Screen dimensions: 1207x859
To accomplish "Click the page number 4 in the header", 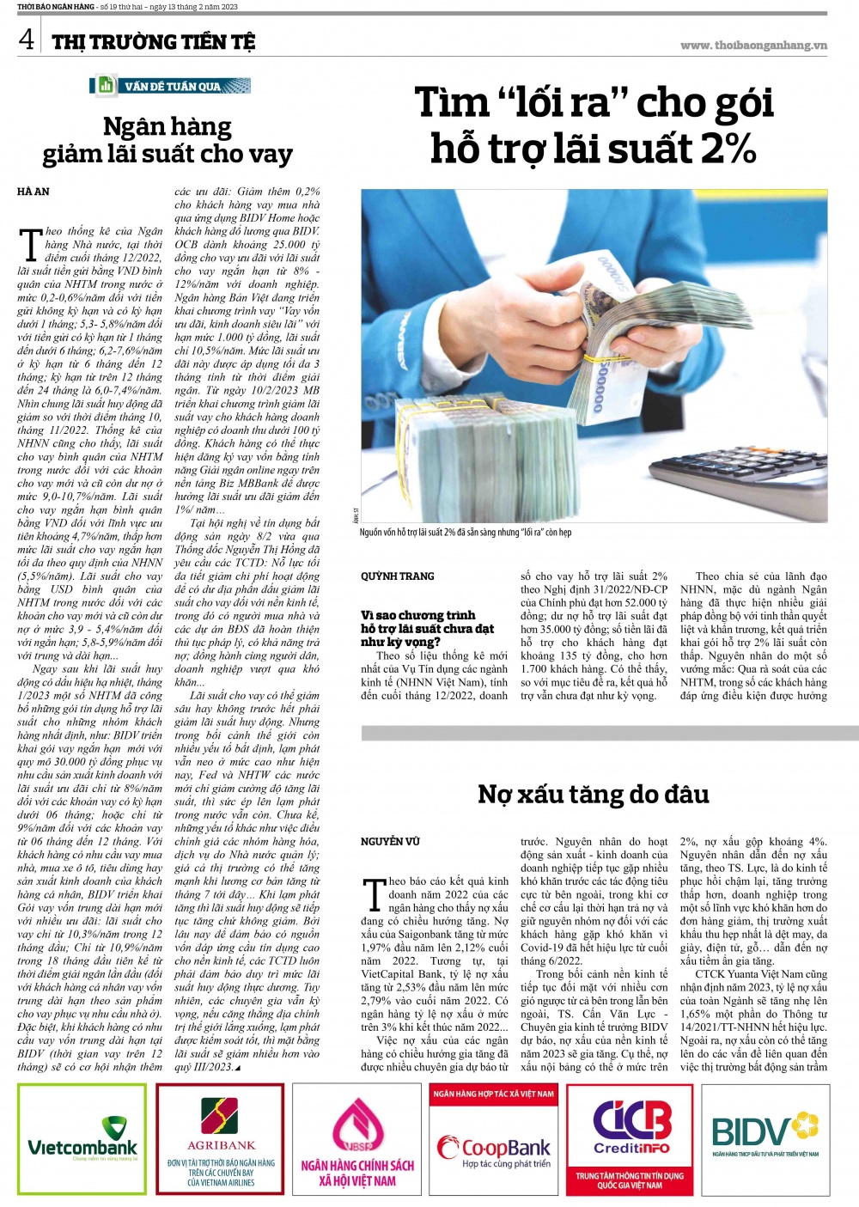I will click(x=27, y=39).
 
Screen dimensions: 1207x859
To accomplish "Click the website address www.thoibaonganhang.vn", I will click(x=753, y=46).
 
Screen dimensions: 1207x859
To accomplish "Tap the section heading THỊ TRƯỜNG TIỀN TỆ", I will click(x=153, y=41).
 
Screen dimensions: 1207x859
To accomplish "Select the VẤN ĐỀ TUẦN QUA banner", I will click(x=170, y=86).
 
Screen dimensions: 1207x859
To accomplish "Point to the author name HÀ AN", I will click(x=34, y=192).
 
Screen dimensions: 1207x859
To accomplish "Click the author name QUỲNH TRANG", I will click(x=398, y=576).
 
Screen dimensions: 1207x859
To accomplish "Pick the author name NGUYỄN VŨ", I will click(x=390, y=841).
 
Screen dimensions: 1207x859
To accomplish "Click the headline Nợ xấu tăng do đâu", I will click(x=593, y=794).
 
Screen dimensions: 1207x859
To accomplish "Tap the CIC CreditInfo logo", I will click(x=631, y=1127).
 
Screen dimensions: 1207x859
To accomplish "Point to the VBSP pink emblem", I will click(x=356, y=1125).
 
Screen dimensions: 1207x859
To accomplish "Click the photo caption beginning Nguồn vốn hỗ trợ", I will click(x=465, y=533).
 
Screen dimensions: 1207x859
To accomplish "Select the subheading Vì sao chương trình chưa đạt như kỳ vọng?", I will click(x=427, y=628).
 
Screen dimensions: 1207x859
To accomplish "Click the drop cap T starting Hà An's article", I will click(x=30, y=244).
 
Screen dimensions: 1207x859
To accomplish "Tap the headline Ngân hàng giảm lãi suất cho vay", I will click(x=168, y=140).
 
